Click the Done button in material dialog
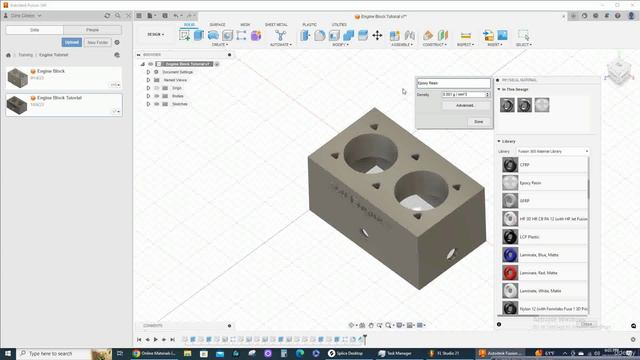coord(478,121)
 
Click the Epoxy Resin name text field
coord(453,82)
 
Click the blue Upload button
coord(72,43)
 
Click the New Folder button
coord(98,43)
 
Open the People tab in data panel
coord(91,30)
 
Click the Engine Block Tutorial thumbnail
coord(17,103)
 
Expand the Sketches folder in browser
coord(148,103)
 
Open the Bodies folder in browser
coord(148,95)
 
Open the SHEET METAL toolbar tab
coord(276,24)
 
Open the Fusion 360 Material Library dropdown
coord(552,151)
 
